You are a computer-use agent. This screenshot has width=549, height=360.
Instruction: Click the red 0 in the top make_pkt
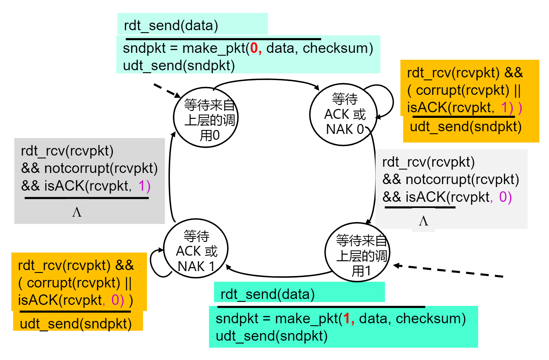click(x=254, y=48)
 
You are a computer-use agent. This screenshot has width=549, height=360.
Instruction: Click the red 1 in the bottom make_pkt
click(x=347, y=319)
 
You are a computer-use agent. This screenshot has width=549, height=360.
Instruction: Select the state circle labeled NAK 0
click(x=343, y=115)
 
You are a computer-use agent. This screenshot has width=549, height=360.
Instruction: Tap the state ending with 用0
click(x=206, y=118)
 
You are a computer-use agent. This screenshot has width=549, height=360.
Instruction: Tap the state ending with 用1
click(x=357, y=252)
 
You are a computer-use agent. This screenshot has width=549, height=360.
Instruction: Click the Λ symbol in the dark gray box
click(x=77, y=212)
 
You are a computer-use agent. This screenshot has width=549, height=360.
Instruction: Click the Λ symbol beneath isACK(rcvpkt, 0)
click(x=423, y=221)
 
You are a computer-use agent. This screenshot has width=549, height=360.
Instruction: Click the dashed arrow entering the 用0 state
click(x=167, y=90)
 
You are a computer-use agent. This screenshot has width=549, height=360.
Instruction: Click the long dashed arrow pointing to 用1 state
click(x=449, y=271)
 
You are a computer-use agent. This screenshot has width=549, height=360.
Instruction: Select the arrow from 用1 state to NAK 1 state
click(x=279, y=276)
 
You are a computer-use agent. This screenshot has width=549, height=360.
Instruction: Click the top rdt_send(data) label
click(x=171, y=25)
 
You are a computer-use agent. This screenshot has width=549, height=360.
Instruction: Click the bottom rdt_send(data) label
click(x=267, y=294)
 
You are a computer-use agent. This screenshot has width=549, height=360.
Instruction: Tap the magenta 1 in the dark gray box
click(x=142, y=186)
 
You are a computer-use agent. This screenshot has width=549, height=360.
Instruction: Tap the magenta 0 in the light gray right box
click(x=503, y=197)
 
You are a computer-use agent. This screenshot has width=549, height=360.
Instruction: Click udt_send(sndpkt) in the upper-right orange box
click(x=466, y=126)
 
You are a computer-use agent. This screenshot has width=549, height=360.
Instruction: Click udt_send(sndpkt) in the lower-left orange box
click(x=76, y=324)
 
